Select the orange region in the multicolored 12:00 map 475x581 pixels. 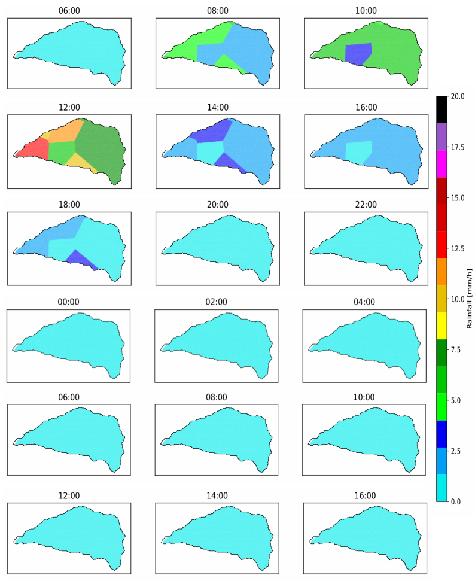pyautogui.click(x=63, y=131)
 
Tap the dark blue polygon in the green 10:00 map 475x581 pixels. pyautogui.click(x=358, y=53)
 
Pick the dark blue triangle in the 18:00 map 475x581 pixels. pyautogui.click(x=80, y=258)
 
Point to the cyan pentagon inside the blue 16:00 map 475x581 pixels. pyautogui.click(x=358, y=151)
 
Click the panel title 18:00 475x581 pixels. pyautogui.click(x=69, y=205)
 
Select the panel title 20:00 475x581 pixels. pyautogui.click(x=217, y=205)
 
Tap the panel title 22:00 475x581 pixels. pyautogui.click(x=366, y=205)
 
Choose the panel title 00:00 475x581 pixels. pyautogui.click(x=69, y=302)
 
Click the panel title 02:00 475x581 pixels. pyautogui.click(x=217, y=302)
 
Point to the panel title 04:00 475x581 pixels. pyautogui.click(x=364, y=302)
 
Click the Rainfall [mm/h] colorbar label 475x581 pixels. pyautogui.click(x=470, y=299)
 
